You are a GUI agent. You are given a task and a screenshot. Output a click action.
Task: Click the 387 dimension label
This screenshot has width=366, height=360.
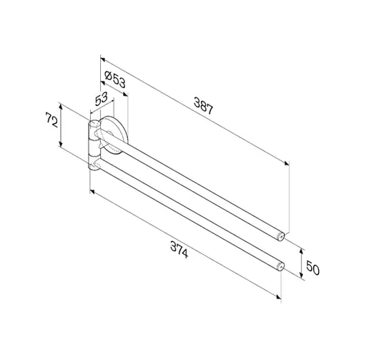pos(203,105)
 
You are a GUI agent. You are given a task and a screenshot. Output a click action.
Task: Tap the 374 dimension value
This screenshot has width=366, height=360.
pos(179,250)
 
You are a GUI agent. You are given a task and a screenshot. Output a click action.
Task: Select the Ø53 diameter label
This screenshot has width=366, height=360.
pos(115,79)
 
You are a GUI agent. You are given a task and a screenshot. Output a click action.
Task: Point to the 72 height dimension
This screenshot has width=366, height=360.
pos(51,120)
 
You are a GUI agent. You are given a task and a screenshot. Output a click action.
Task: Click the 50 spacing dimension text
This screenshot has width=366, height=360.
pos(312,268)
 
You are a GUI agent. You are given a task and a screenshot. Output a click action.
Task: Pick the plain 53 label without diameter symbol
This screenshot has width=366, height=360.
pos(102,99)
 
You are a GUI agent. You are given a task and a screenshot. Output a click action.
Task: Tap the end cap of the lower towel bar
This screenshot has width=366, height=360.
pos(281,266)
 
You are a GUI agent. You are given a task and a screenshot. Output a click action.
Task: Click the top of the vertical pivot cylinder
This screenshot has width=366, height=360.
pos(94,124)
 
